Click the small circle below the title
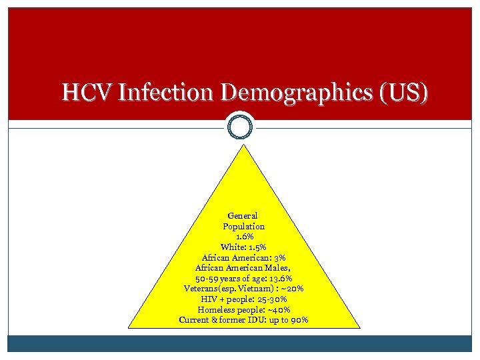[x=240, y=126]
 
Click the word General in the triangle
[x=243, y=216]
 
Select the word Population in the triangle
[x=243, y=227]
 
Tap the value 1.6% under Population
[x=243, y=237]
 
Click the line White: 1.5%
[x=243, y=247]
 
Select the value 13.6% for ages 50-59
[x=278, y=278]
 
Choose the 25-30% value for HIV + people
[x=273, y=299]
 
